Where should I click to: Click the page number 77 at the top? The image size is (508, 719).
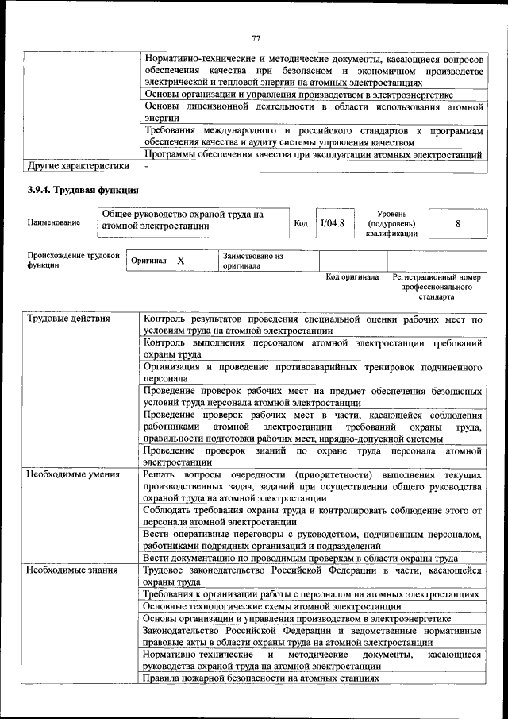tap(256, 38)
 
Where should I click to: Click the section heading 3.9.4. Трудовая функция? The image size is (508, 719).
tap(83, 190)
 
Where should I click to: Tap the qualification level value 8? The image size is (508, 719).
tap(458, 223)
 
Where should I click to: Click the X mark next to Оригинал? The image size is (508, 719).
tap(181, 261)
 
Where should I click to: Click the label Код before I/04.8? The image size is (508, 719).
tap(301, 223)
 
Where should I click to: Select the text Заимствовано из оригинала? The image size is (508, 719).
tap(252, 261)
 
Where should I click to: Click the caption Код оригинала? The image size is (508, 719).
tap(352, 278)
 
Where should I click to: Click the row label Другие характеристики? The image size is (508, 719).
tap(78, 166)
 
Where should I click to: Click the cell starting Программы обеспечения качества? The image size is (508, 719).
tap(312, 154)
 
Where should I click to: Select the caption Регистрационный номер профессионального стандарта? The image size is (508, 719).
tap(437, 287)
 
